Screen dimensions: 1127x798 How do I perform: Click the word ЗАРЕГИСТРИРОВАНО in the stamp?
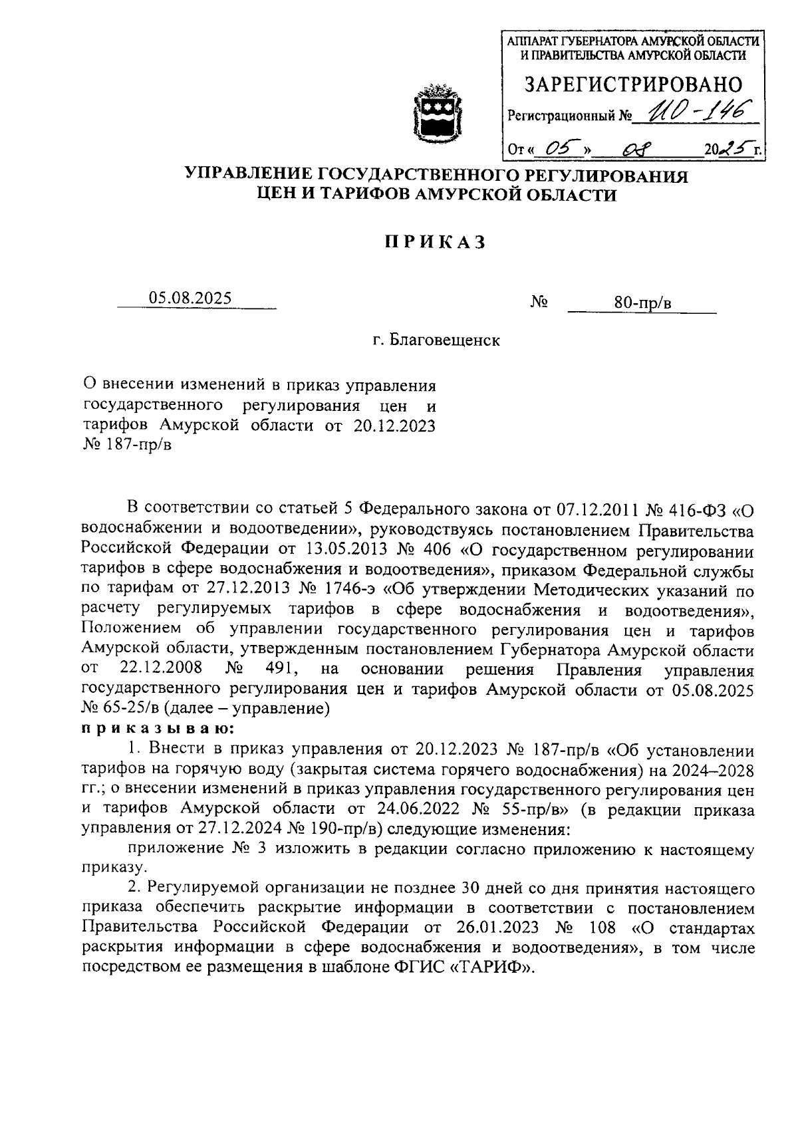point(634,84)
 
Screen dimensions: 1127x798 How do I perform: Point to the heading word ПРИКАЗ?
point(433,243)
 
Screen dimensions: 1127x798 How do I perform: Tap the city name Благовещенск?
point(444,341)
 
